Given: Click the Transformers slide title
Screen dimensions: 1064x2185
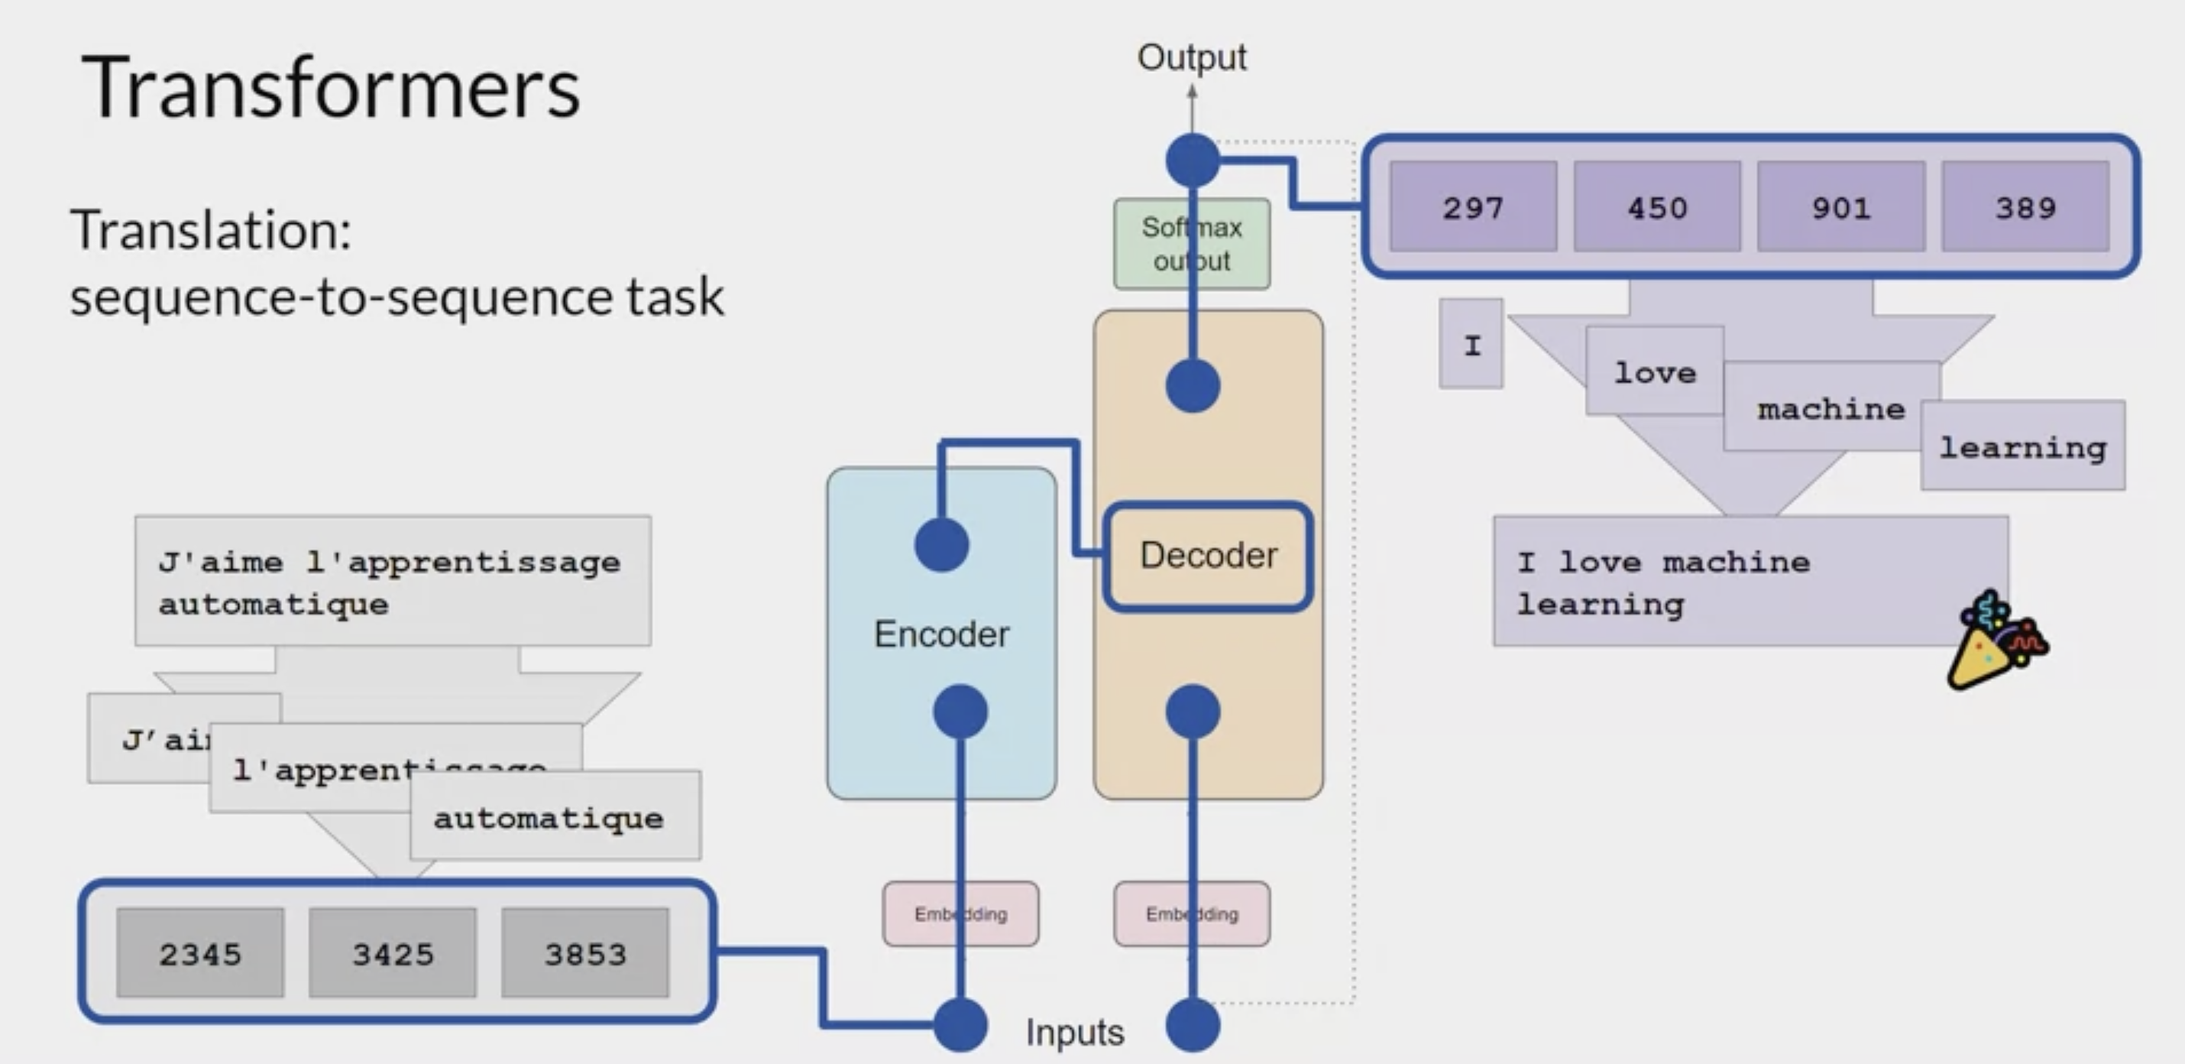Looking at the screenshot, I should click(331, 88).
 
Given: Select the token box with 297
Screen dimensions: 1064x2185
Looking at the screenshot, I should click(1474, 207).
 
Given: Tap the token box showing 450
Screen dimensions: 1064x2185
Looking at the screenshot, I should click(1657, 207).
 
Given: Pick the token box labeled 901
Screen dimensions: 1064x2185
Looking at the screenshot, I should click(1841, 207).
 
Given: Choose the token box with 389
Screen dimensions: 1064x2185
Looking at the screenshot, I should click(2025, 207).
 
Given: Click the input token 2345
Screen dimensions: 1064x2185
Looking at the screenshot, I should click(200, 954).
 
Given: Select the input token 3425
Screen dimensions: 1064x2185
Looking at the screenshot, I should click(393, 954).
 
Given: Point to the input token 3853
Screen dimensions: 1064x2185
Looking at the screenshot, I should click(585, 954).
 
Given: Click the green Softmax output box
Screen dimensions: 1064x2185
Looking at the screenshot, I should click(1192, 245).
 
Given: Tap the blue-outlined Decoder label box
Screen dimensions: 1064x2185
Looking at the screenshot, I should click(1209, 556).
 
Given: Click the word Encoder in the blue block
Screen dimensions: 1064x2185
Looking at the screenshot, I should click(941, 634).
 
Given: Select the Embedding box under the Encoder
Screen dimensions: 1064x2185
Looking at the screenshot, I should click(960, 914).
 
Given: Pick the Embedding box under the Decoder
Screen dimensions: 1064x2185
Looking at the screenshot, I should click(1192, 914).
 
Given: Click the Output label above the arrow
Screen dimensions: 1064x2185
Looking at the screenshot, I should click(1192, 57).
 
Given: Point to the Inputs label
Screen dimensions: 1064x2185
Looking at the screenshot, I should click(1075, 1033).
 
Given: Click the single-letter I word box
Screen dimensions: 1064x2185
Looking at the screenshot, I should click(1471, 345).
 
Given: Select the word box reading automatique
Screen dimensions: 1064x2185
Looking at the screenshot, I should click(555, 816).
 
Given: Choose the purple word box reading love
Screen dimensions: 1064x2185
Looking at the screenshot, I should click(1655, 371).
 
